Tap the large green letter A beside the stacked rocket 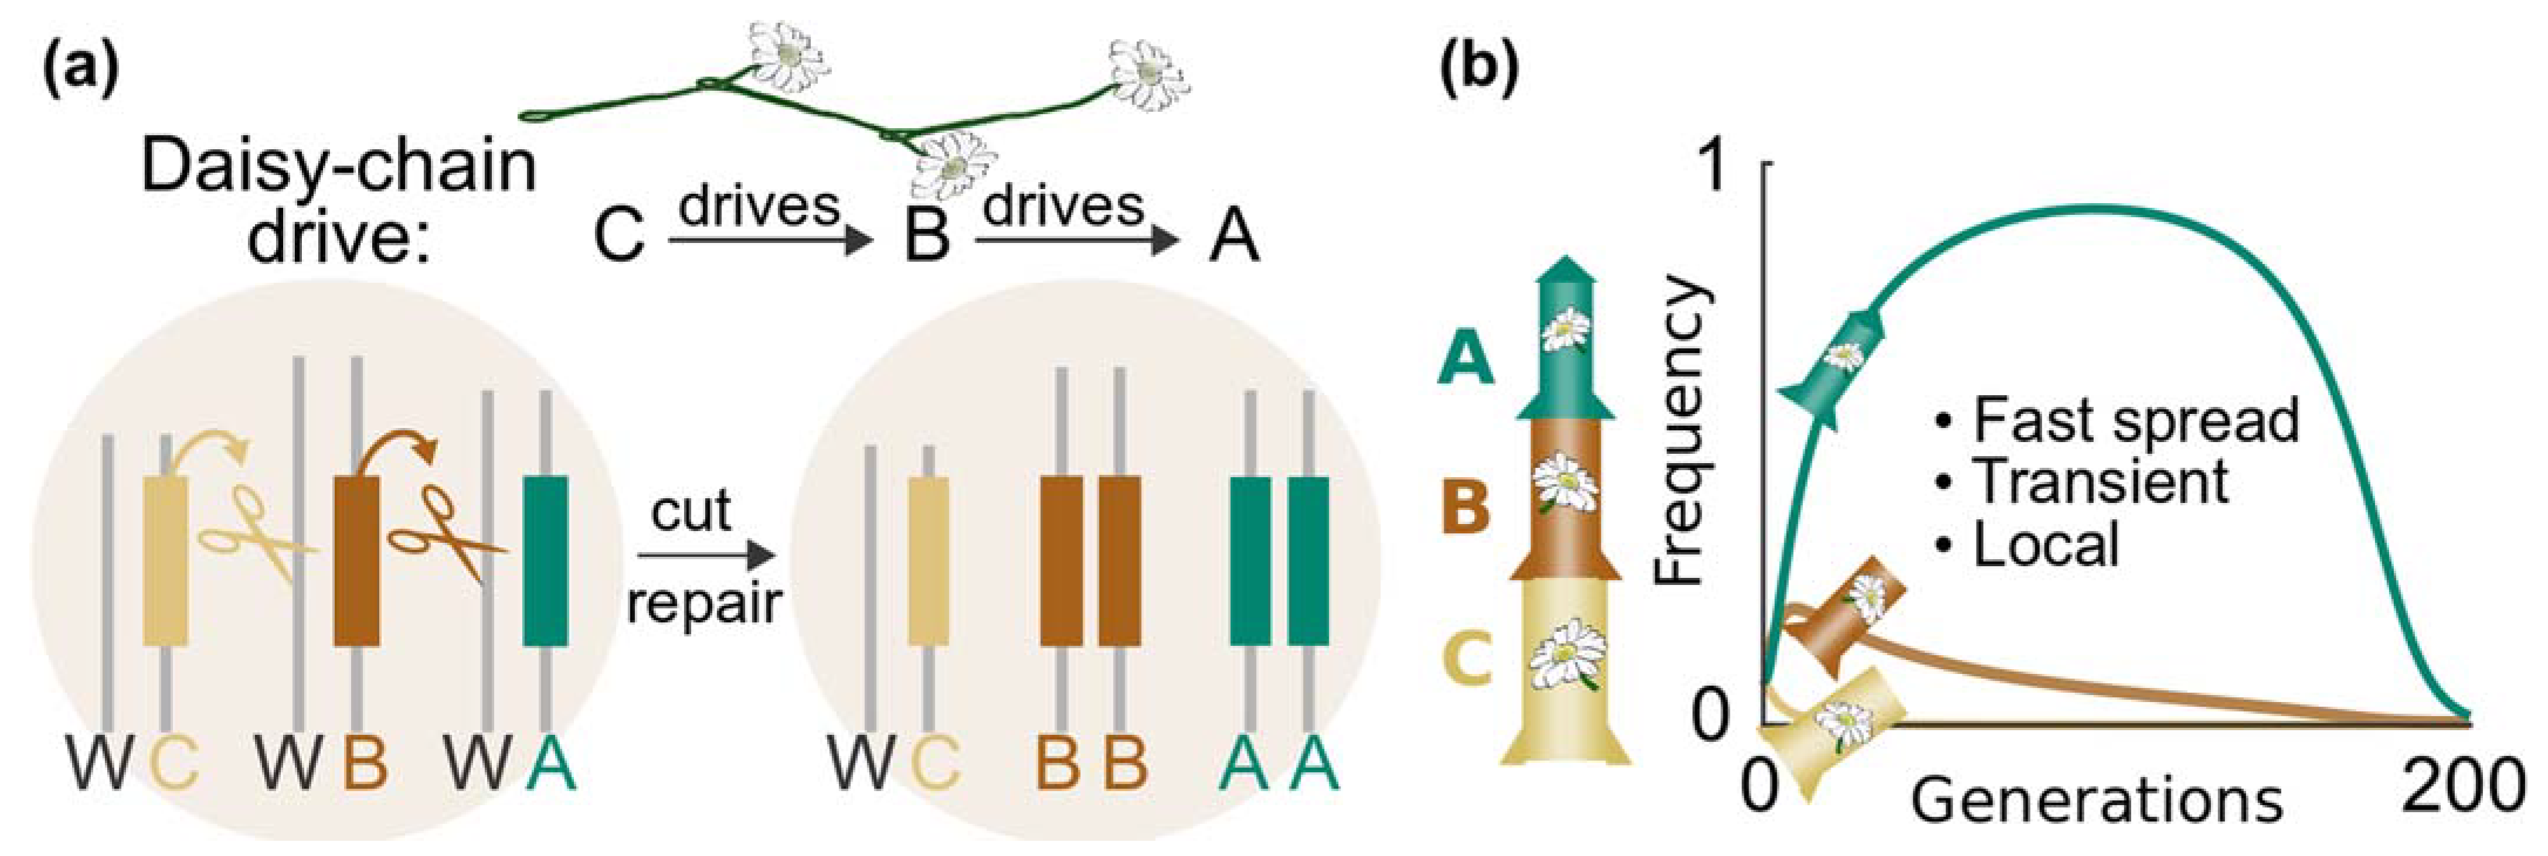click(x=1465, y=358)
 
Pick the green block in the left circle click(x=545, y=560)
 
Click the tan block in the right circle click(x=928, y=560)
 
